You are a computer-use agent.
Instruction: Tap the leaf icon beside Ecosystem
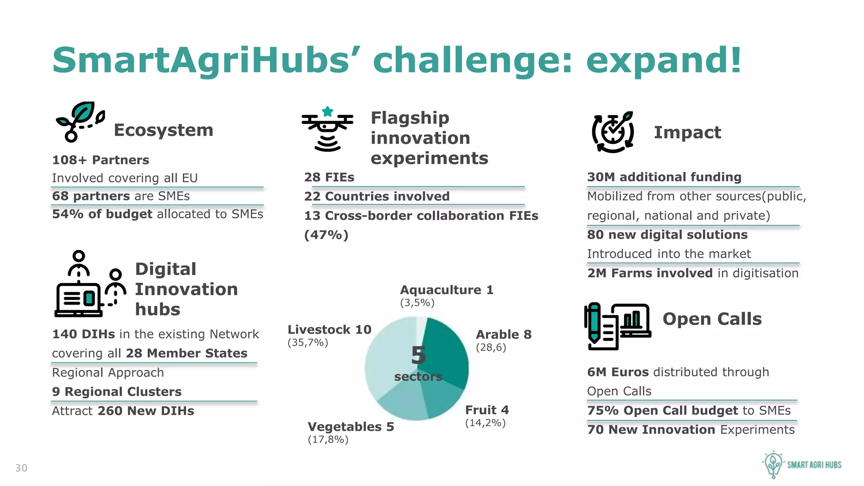click(80, 121)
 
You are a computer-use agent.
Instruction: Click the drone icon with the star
click(327, 129)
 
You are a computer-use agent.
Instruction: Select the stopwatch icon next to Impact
click(613, 132)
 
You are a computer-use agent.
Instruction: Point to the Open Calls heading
click(712, 319)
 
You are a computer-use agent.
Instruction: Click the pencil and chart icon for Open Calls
click(617, 326)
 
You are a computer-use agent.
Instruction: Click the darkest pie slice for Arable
click(447, 354)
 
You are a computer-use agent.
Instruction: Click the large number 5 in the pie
click(418, 356)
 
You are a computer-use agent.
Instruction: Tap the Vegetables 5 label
click(351, 427)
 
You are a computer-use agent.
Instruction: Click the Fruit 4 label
click(487, 410)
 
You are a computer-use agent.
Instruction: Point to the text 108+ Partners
click(100, 160)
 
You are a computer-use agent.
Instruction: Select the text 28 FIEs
click(329, 178)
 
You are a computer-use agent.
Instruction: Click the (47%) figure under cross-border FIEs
click(326, 235)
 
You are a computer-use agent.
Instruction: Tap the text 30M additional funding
click(664, 177)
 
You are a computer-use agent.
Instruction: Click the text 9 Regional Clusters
click(117, 392)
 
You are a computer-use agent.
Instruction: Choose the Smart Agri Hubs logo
click(802, 464)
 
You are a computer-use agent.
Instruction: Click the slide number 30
click(21, 468)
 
